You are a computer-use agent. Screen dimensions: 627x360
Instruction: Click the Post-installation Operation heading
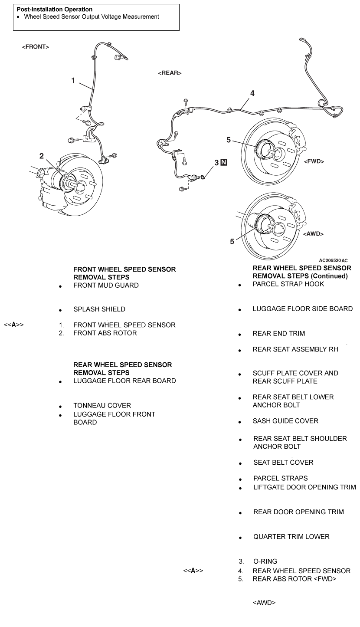(54, 9)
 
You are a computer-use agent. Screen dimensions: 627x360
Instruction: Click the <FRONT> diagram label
(35, 47)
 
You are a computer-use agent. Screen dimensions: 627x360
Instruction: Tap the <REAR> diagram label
(170, 73)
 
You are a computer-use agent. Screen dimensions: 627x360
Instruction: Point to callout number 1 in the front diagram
(73, 80)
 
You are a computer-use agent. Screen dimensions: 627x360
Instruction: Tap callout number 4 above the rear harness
(252, 93)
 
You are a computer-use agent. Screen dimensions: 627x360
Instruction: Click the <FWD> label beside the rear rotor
(314, 161)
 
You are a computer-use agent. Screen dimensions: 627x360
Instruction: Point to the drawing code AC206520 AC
(333, 260)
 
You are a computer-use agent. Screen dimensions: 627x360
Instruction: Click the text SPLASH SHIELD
(99, 309)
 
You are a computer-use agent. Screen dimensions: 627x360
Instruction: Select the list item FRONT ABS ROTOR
(105, 333)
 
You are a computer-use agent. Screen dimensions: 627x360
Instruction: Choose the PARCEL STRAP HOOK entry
(288, 284)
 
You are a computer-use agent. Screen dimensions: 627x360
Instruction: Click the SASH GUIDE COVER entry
(285, 421)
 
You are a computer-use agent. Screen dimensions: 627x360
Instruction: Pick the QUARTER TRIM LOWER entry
(291, 537)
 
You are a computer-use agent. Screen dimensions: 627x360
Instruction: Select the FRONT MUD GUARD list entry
(106, 286)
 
